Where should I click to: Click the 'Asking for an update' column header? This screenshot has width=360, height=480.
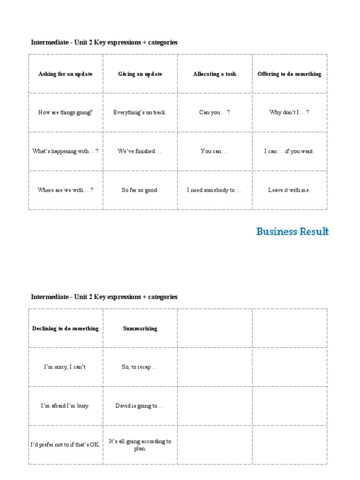pyautogui.click(x=66, y=74)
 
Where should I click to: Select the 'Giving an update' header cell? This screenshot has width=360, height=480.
pyautogui.click(x=140, y=74)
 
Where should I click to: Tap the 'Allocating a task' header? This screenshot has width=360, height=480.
pyautogui.click(x=215, y=74)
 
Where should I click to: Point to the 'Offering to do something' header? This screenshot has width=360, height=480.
pyautogui.click(x=289, y=74)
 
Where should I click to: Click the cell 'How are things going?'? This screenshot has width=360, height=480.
pyautogui.click(x=66, y=112)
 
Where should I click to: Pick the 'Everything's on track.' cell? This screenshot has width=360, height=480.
pyautogui.click(x=140, y=112)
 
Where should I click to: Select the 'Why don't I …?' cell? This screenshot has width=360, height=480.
pyautogui.click(x=289, y=112)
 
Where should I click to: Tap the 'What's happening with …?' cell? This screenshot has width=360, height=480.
pyautogui.click(x=66, y=151)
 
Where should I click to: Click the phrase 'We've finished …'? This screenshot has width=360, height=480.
pyautogui.click(x=140, y=151)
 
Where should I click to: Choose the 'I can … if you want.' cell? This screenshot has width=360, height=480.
pyautogui.click(x=289, y=151)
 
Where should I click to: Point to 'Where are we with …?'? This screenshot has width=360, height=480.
pyautogui.click(x=66, y=190)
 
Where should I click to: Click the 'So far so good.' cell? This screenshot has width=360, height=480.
pyautogui.click(x=140, y=190)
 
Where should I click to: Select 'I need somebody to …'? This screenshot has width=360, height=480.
pyautogui.click(x=215, y=190)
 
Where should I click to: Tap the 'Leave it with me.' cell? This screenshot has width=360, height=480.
pyautogui.click(x=289, y=190)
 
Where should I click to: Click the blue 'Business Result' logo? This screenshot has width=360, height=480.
pyautogui.click(x=292, y=232)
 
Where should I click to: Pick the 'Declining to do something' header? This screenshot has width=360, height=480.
pyautogui.click(x=66, y=329)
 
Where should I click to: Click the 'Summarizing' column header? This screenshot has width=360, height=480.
pyautogui.click(x=140, y=329)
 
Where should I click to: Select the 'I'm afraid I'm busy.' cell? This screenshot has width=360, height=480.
pyautogui.click(x=66, y=406)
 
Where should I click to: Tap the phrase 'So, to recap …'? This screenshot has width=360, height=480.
pyautogui.click(x=140, y=367)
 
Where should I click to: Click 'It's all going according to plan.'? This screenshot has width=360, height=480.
pyautogui.click(x=140, y=445)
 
